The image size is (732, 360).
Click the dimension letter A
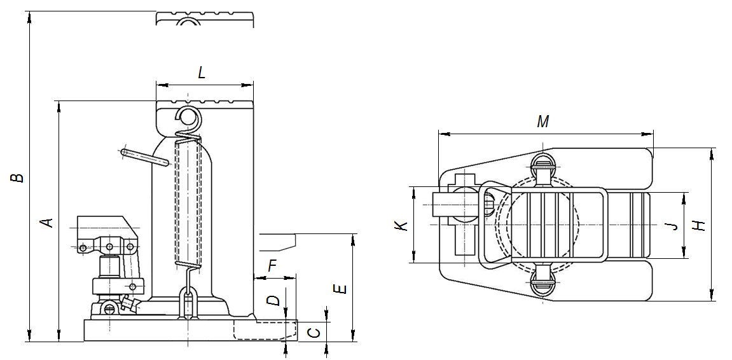[x=46, y=222]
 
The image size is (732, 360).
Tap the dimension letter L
[x=202, y=73]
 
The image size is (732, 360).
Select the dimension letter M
[x=542, y=122]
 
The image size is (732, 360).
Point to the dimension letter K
[x=399, y=226]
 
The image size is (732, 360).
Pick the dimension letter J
[x=668, y=226]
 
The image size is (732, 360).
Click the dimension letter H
[x=700, y=225]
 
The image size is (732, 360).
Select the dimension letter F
[x=272, y=266]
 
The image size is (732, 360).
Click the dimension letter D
[x=273, y=300]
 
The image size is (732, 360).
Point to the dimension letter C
[x=312, y=331]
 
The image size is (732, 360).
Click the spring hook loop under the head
[x=188, y=117]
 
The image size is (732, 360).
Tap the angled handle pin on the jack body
[x=144, y=156]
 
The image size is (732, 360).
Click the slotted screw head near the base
[x=109, y=310]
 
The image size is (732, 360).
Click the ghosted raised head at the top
[x=205, y=18]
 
